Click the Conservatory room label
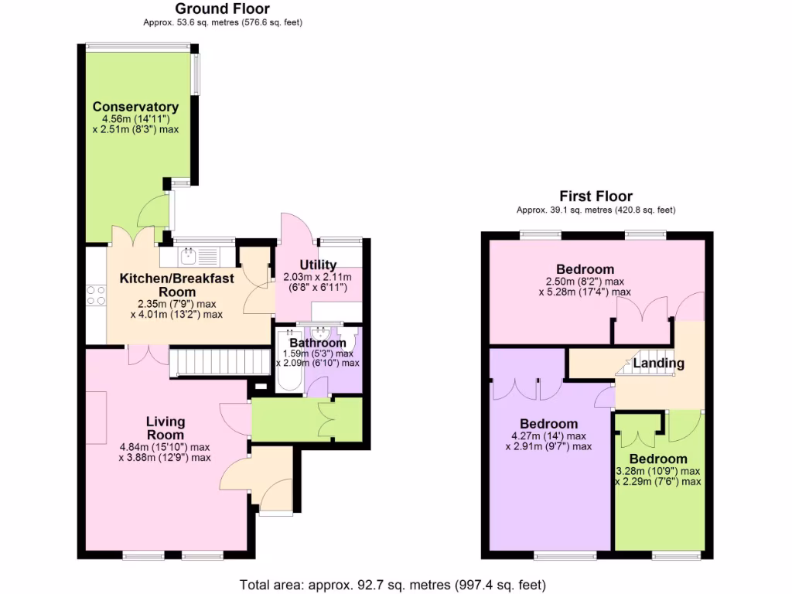(x=135, y=107)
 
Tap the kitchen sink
(x=189, y=254)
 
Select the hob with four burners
(x=95, y=295)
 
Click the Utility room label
(x=318, y=265)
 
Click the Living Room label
(x=166, y=428)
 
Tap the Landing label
(x=658, y=363)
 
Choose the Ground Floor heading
(x=222, y=9)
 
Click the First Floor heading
(x=596, y=196)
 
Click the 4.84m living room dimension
(x=165, y=447)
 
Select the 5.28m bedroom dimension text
(x=584, y=292)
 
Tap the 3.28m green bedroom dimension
(x=658, y=471)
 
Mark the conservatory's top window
(x=137, y=46)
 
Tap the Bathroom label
(x=317, y=343)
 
